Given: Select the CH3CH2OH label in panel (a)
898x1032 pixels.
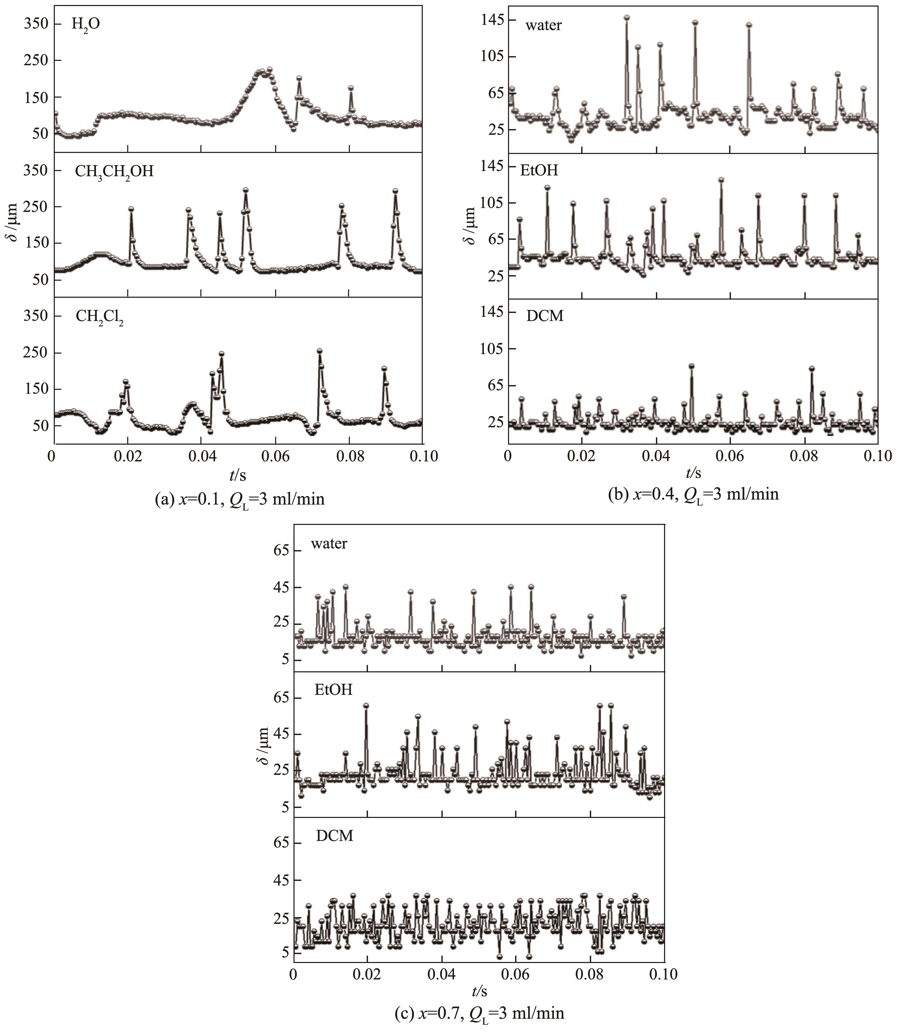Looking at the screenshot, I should click(x=114, y=172).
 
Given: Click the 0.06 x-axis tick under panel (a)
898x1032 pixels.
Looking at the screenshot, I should click(x=275, y=456).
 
